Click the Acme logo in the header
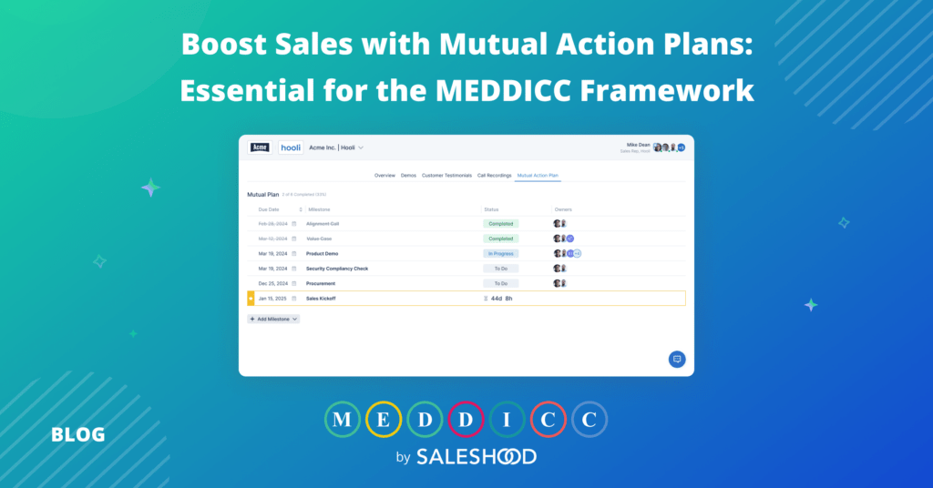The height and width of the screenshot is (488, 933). [x=260, y=147]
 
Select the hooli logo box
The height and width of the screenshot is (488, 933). [x=291, y=147]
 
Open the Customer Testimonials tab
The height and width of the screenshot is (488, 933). [x=446, y=175]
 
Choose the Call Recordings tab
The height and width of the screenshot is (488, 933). [x=494, y=175]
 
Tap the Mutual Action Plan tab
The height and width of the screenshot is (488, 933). [x=538, y=175]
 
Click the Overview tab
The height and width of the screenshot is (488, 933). [x=384, y=175]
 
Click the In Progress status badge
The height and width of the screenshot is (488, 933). [x=500, y=253]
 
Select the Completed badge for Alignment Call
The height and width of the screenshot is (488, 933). [x=500, y=223]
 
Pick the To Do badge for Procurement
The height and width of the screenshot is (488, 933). [x=500, y=283]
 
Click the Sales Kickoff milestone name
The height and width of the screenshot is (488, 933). [x=321, y=298]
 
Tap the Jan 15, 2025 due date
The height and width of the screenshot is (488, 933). [x=272, y=298]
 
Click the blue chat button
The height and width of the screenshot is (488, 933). [x=677, y=359]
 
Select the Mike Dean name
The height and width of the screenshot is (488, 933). [x=638, y=144]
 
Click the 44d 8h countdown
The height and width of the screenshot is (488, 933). [x=501, y=298]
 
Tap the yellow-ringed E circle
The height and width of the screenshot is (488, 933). [x=383, y=420]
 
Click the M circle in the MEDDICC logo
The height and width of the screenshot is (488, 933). [x=342, y=420]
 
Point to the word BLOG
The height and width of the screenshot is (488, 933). [x=78, y=435]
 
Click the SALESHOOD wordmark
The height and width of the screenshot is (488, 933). [x=477, y=456]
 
